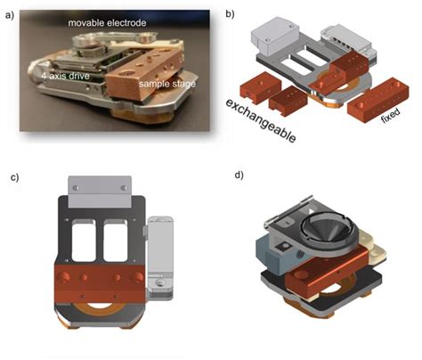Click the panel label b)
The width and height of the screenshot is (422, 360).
[229, 13]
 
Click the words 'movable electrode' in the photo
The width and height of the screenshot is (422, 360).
[117, 20]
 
